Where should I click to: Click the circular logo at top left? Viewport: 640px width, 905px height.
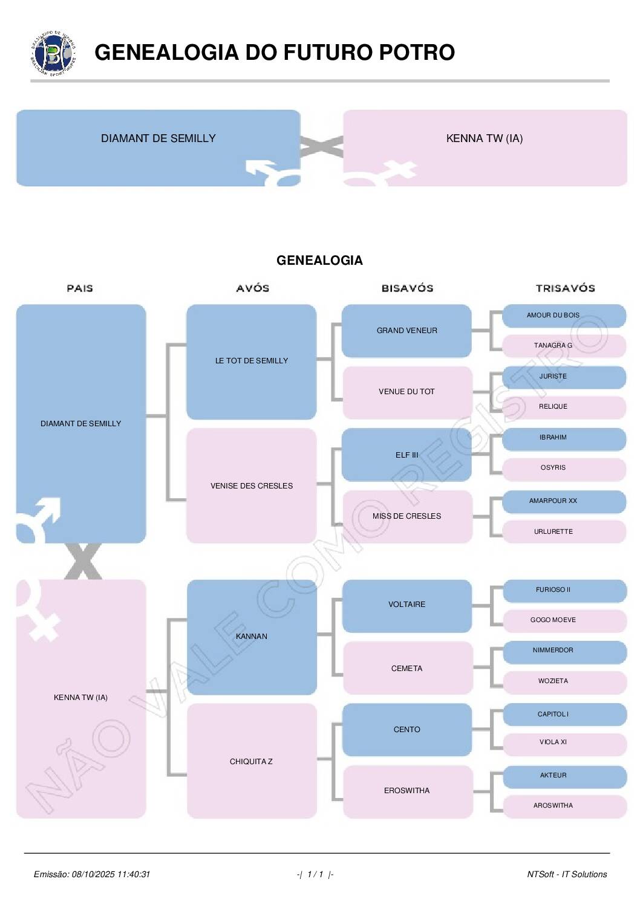pos(53,53)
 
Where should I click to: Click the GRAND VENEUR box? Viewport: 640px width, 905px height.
pos(407,331)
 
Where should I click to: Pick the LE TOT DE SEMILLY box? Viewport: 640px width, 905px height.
pos(251,361)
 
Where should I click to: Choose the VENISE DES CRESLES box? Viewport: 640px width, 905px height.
pos(251,485)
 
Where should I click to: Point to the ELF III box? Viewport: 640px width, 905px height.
pos(407,455)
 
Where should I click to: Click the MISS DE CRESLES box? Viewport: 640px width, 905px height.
pos(407,516)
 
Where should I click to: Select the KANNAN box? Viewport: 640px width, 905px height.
pos(251,636)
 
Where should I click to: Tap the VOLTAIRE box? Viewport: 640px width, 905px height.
pos(407,605)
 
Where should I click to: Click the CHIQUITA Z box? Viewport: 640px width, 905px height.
pos(251,761)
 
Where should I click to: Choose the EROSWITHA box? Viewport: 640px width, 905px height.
pos(407,791)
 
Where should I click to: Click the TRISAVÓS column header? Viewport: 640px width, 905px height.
pos(565,288)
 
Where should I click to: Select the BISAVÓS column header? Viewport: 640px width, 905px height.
pos(407,288)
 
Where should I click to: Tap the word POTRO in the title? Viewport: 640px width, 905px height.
pos(417,53)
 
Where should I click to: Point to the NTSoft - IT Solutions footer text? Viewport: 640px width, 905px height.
pos(567,874)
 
